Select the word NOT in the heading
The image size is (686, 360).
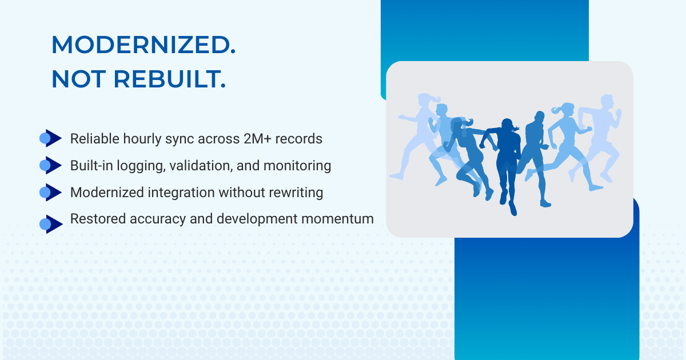pyautogui.click(x=79, y=79)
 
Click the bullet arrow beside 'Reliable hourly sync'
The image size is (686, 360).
pyautogui.click(x=50, y=138)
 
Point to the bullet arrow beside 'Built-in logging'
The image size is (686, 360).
pyautogui.click(x=50, y=165)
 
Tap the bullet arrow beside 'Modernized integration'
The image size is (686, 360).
pyautogui.click(x=50, y=192)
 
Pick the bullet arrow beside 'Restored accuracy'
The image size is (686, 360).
pyautogui.click(x=51, y=225)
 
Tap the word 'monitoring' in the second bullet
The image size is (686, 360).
pyautogui.click(x=297, y=166)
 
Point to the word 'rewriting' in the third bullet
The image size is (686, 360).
pyautogui.click(x=296, y=193)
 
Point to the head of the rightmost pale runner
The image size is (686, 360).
pyautogui.click(x=607, y=101)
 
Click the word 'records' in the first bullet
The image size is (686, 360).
pyautogui.click(x=298, y=139)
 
